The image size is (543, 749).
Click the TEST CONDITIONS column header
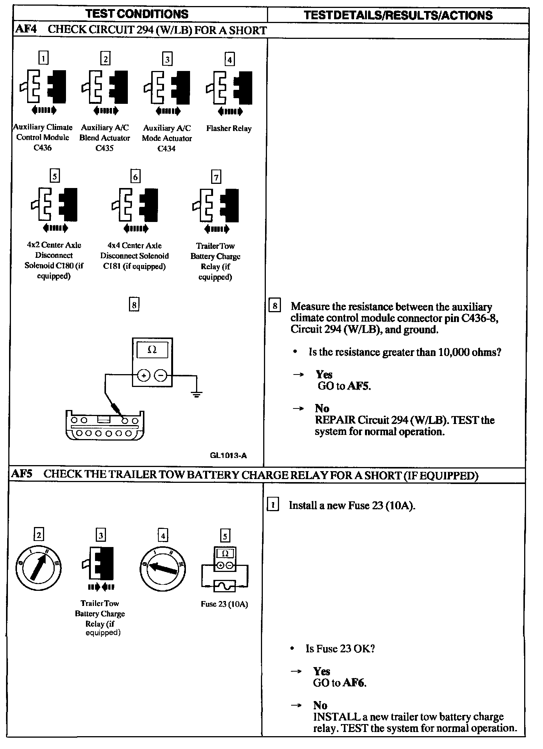click(137, 14)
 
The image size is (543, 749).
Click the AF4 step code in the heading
click(26, 29)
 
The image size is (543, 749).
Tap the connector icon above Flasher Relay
click(229, 88)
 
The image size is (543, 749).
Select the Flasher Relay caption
click(229, 128)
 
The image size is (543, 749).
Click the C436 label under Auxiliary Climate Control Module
click(42, 148)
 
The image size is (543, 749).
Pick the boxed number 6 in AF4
click(135, 176)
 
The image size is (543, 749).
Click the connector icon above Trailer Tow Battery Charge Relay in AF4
click(216, 205)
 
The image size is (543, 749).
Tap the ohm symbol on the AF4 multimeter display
click(152, 350)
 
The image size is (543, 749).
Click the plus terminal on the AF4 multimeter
click(144, 376)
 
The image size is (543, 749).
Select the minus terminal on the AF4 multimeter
click(161, 376)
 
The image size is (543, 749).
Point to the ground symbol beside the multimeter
click(196, 395)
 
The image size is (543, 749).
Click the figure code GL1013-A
click(228, 455)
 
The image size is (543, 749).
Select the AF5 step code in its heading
click(22, 474)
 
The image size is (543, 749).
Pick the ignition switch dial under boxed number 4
click(163, 568)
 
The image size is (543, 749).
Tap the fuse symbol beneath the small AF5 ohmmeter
click(225, 586)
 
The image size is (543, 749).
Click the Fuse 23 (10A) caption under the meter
click(224, 604)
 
